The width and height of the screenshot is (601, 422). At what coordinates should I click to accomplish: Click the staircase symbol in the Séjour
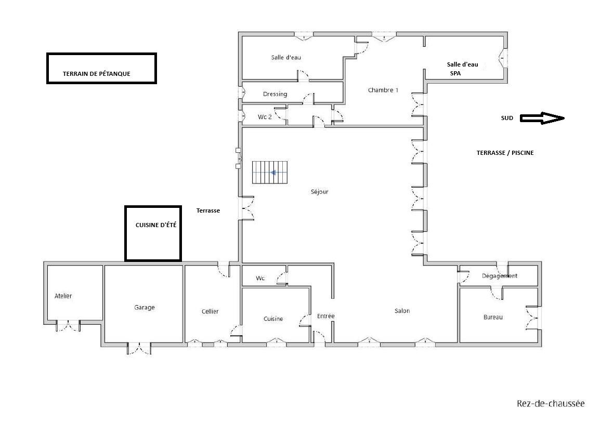[270, 173]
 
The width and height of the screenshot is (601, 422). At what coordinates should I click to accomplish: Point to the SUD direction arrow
[542, 118]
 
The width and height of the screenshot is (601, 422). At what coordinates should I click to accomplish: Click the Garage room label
[145, 307]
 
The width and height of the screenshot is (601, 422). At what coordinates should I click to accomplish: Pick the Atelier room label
[63, 296]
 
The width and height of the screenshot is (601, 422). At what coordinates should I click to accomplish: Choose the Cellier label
[210, 312]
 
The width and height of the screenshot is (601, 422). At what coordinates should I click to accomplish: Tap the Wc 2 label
[265, 117]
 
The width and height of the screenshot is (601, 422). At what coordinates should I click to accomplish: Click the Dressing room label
[275, 94]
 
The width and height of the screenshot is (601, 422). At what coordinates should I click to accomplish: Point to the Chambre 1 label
[383, 90]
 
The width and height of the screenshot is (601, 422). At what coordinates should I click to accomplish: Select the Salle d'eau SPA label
[462, 69]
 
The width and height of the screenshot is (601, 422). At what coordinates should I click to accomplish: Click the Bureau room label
[493, 318]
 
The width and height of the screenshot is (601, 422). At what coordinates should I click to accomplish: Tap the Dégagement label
[500, 276]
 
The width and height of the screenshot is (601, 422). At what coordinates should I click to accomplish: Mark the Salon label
[402, 311]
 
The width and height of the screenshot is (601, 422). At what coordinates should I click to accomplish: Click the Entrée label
[326, 316]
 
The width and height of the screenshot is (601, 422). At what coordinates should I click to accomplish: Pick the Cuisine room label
[273, 319]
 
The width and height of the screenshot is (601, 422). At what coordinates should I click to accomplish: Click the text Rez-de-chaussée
[551, 404]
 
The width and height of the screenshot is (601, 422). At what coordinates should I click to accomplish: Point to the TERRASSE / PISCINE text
[505, 153]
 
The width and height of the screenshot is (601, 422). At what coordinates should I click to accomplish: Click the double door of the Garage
[139, 348]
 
